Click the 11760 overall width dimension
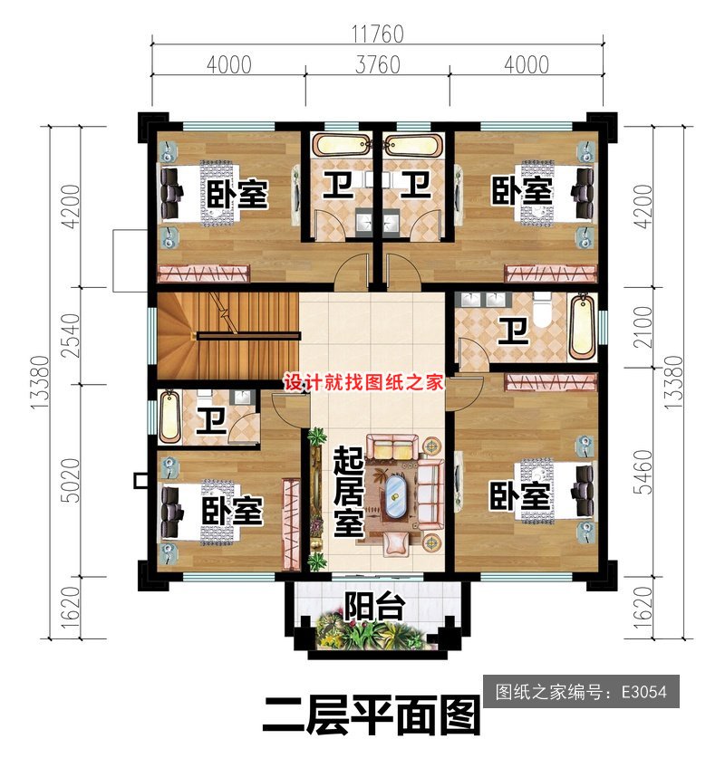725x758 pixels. (377, 34)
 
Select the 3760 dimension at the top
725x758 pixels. (378, 65)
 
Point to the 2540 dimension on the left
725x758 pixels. (71, 335)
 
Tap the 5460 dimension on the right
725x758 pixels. (643, 473)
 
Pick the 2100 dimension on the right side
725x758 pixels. (643, 327)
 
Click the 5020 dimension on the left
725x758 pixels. (71, 481)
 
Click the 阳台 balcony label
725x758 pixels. (374, 606)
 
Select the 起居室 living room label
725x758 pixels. (348, 492)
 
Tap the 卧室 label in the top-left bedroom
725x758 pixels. (237, 195)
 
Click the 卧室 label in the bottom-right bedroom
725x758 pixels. (520, 495)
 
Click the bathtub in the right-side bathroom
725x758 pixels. (582, 326)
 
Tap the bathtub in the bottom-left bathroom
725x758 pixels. (169, 417)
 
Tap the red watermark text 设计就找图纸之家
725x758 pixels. (362, 382)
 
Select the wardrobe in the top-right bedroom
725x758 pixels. (549, 273)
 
